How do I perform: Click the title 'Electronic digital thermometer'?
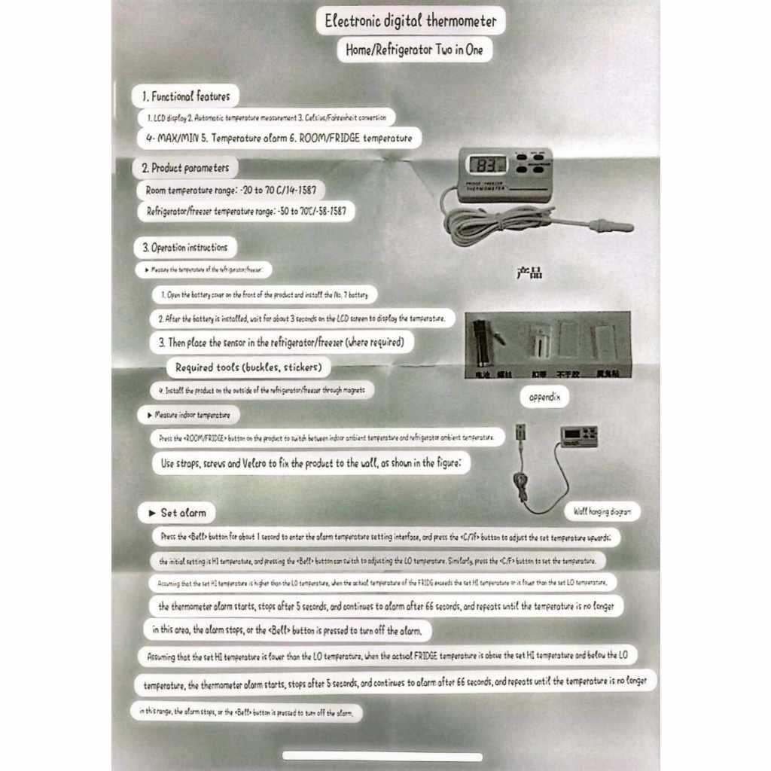tap(410, 21)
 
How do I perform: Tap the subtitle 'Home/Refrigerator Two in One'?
tap(415, 50)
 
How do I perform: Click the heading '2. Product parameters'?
tap(185, 168)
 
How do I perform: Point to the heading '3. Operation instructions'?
tap(184, 247)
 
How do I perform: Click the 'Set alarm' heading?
tap(177, 513)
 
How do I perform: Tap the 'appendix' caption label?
tap(544, 397)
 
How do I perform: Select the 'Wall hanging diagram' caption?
tap(602, 512)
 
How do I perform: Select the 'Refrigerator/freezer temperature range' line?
tap(246, 212)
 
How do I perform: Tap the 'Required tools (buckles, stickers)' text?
tap(248, 367)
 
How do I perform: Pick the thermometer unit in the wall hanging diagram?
tap(579, 436)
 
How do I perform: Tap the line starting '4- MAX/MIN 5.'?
tap(279, 139)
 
